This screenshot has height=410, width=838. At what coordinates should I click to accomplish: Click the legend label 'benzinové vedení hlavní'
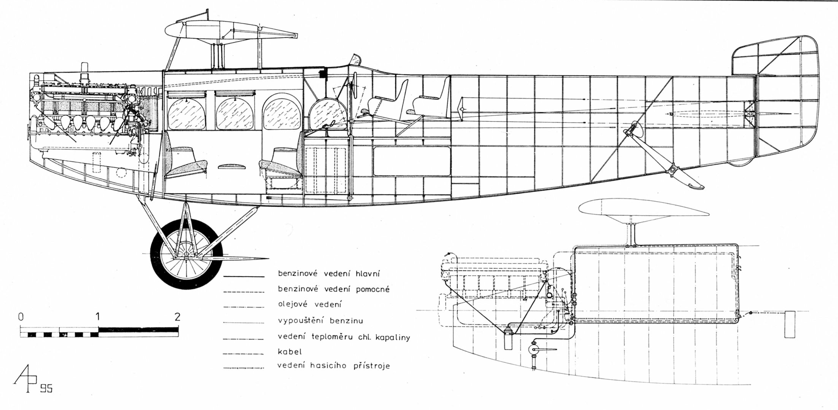(329, 274)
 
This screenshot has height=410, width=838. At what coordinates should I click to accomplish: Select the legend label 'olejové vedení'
(310, 305)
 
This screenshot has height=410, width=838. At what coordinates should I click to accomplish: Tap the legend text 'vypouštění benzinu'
(320, 321)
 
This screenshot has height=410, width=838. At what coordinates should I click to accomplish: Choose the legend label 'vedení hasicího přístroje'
(334, 366)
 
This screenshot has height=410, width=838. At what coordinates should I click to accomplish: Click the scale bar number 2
(177, 317)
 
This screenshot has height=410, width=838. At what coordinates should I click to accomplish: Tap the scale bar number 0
(21, 317)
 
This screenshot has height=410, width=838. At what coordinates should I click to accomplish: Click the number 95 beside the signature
(46, 389)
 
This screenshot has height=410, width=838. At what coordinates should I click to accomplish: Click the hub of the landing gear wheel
(186, 254)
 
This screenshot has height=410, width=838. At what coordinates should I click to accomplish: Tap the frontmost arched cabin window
(187, 114)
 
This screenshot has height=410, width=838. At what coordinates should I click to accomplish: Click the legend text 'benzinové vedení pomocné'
(334, 289)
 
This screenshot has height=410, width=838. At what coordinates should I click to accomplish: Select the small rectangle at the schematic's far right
(790, 324)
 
